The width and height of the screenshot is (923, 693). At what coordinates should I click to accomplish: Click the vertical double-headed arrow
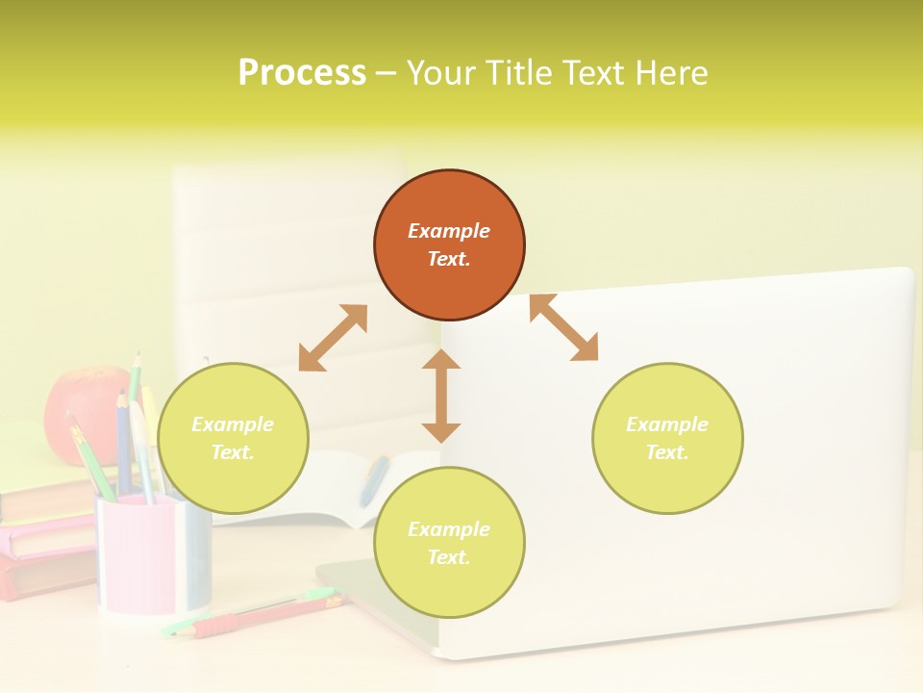tap(441, 396)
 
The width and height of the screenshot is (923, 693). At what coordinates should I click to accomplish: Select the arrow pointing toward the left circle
tap(333, 338)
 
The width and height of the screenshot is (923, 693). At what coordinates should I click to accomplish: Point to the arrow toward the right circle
tap(564, 328)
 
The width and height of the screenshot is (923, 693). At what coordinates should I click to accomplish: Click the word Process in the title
tap(302, 73)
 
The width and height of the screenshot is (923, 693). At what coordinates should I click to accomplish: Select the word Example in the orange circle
tap(449, 231)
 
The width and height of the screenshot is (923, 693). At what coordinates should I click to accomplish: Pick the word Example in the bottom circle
tap(449, 529)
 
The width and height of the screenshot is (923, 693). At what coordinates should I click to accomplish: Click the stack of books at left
tap(43, 539)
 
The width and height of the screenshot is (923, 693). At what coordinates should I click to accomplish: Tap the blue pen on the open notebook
tap(374, 480)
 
